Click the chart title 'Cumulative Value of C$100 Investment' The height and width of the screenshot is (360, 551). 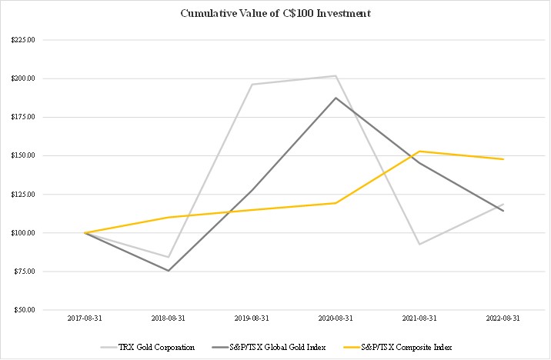pyautogui.click(x=275, y=13)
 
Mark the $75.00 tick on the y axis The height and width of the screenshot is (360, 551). pyautogui.click(x=22, y=271)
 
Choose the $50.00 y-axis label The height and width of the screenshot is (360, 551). pyautogui.click(x=22, y=309)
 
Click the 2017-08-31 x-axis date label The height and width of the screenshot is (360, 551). pyautogui.click(x=85, y=316)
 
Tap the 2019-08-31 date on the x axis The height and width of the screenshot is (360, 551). pyautogui.click(x=252, y=316)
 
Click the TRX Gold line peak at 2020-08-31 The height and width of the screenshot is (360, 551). pyautogui.click(x=336, y=75)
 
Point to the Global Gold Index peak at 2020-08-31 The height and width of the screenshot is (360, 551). pyautogui.click(x=336, y=98)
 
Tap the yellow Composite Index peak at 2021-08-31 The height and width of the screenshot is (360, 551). pyautogui.click(x=419, y=151)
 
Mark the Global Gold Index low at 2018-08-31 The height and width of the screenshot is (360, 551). pyautogui.click(x=168, y=271)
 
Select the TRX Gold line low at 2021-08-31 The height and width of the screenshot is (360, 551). pyautogui.click(x=419, y=244)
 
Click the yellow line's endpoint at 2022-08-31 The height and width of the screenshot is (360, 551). pyautogui.click(x=503, y=159)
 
